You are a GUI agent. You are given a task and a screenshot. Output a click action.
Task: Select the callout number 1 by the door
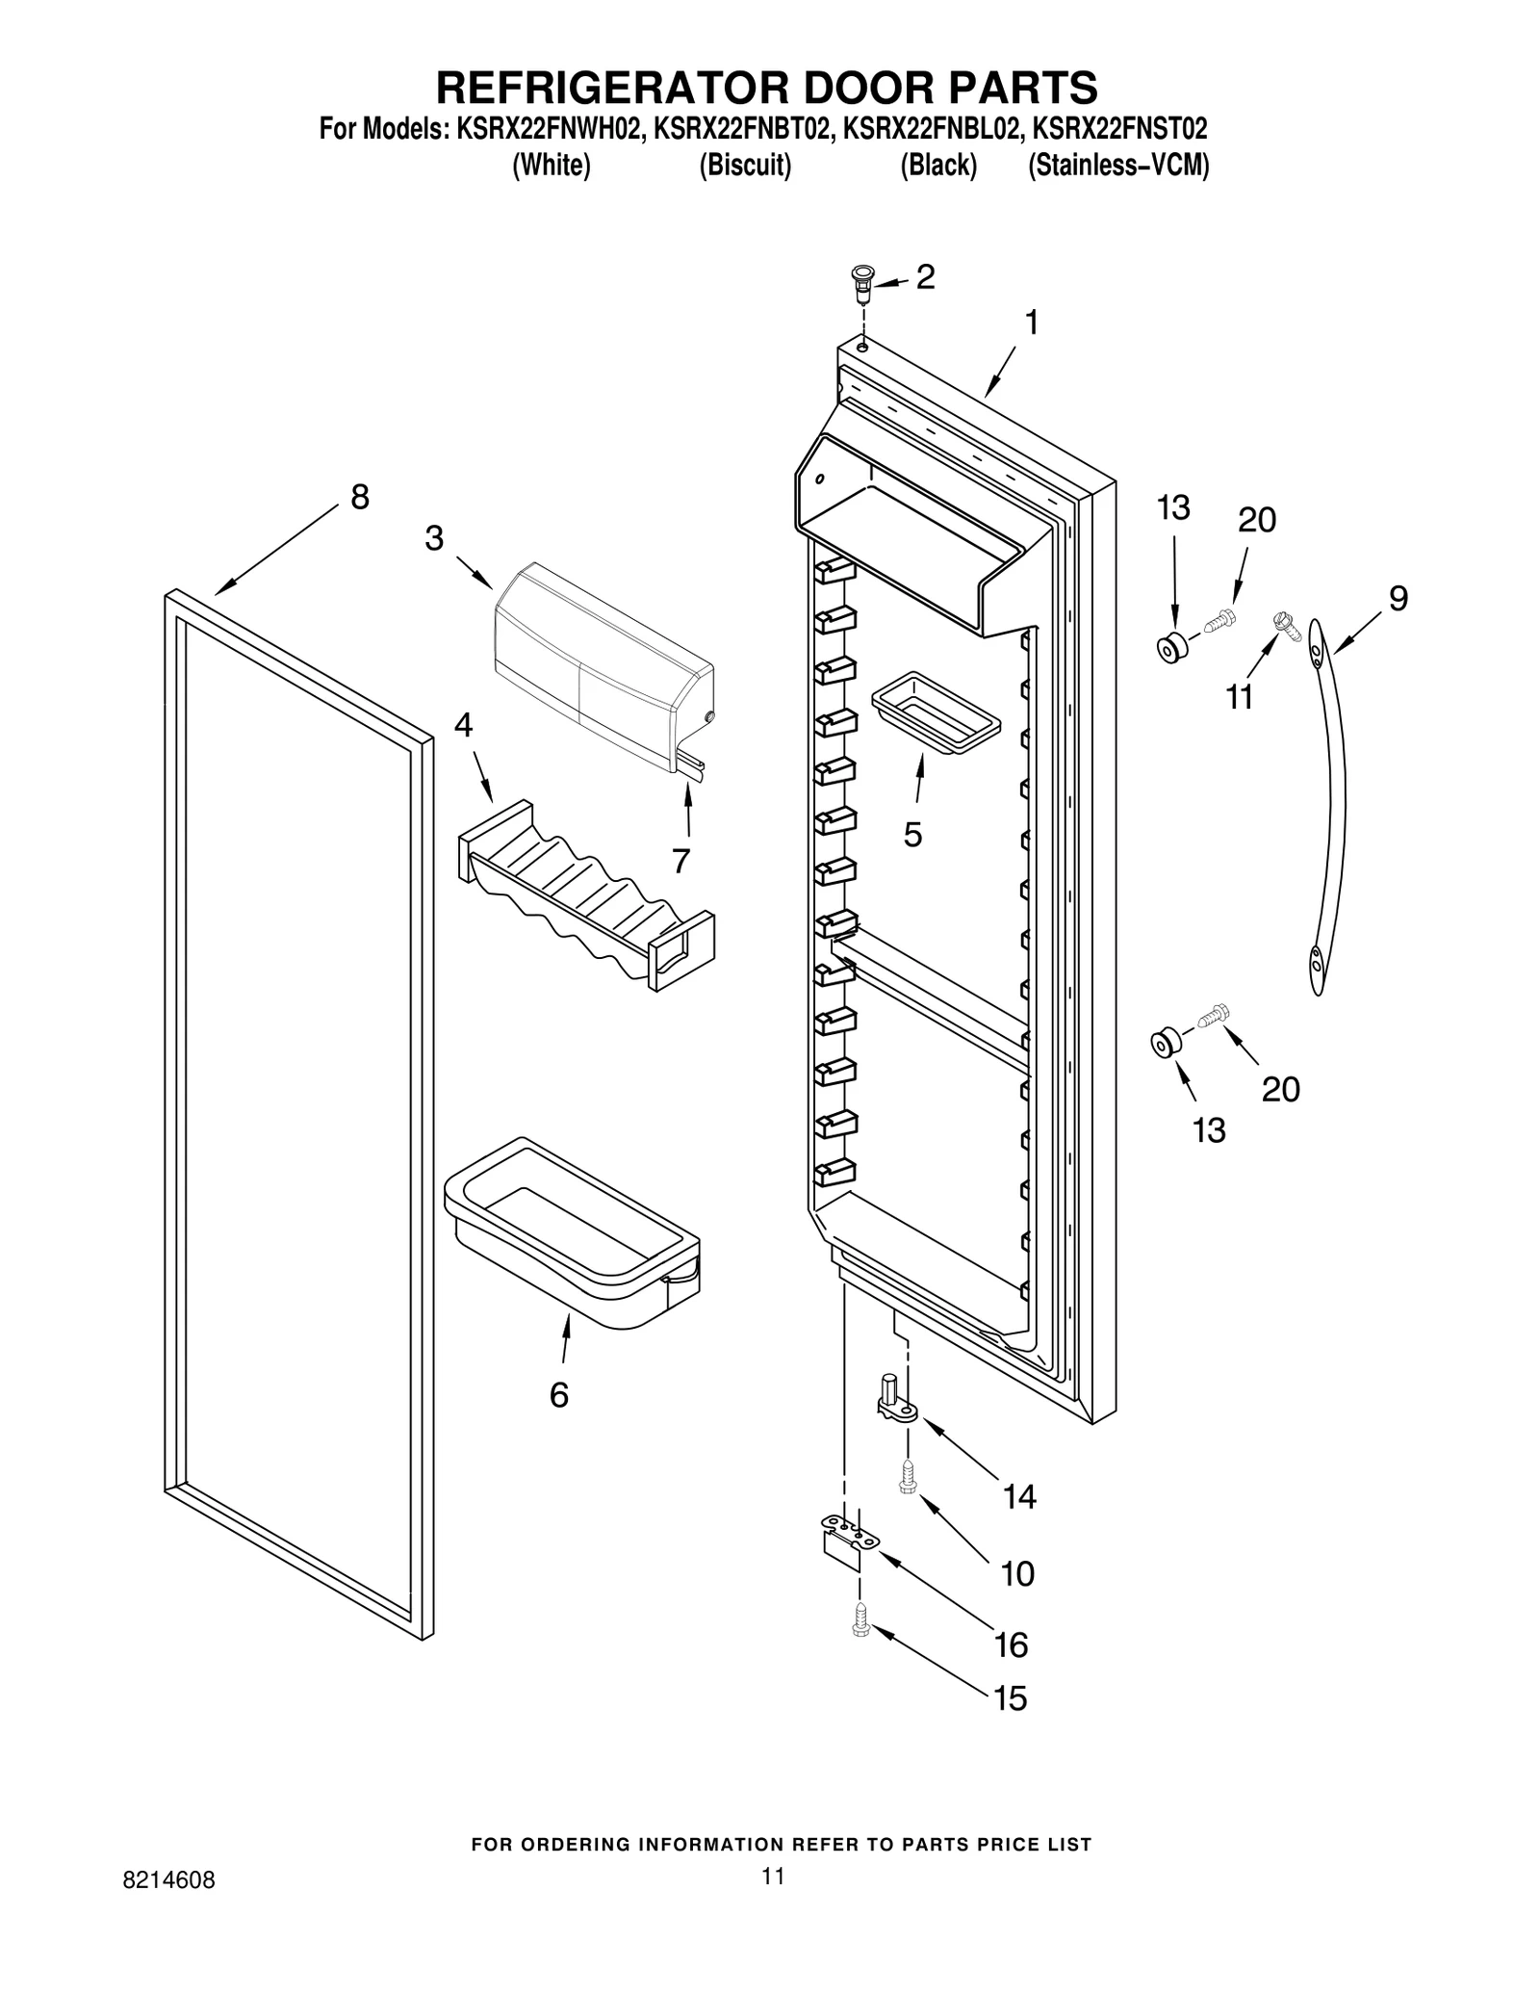[1031, 324]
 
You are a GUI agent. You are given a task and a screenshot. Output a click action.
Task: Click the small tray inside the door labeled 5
[935, 718]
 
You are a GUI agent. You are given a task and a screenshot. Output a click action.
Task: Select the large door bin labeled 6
[572, 1231]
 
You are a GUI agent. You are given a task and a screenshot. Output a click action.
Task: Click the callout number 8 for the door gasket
[359, 498]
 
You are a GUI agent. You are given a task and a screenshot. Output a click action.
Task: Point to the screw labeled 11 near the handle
[1286, 625]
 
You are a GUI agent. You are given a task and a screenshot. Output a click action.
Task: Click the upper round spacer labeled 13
[1171, 648]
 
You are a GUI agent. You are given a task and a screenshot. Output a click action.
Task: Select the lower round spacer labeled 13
[1166, 1042]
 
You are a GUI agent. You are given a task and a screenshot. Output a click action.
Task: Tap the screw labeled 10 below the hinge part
[906, 1475]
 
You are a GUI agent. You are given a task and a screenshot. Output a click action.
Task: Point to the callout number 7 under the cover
[680, 860]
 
